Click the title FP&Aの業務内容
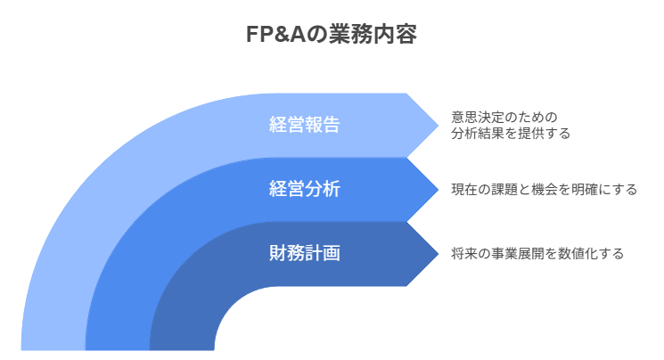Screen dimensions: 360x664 tap(332, 35)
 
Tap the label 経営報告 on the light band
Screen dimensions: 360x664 tap(304, 125)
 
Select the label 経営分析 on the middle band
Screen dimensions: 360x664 tap(304, 189)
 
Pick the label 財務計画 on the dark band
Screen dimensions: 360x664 tap(304, 253)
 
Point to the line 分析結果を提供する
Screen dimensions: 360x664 tap(510, 134)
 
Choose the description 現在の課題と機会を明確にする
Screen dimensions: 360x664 tap(544, 189)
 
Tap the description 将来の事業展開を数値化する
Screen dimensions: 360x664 tap(537, 253)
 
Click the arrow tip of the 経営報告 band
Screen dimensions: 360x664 tap(437, 125)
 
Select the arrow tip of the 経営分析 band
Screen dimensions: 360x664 tap(437, 189)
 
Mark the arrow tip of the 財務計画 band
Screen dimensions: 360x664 tap(437, 253)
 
